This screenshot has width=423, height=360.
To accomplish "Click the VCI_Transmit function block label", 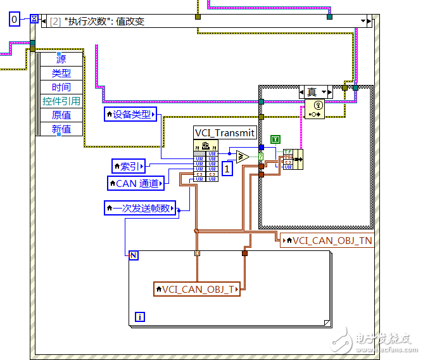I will click(225, 133).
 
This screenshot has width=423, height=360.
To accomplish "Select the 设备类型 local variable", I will click(131, 114).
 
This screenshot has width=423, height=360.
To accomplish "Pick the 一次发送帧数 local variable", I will click(141, 207).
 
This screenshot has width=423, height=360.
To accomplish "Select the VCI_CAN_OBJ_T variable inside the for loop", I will click(197, 289).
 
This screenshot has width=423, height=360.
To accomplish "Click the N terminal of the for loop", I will click(134, 255).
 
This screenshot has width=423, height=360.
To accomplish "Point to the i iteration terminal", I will click(139, 316).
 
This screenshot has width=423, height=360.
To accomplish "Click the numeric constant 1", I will click(227, 169).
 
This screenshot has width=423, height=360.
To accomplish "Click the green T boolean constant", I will click(275, 139).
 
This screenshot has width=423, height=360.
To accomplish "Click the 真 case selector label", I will click(312, 92).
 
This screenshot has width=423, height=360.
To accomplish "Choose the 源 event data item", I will click(61, 59).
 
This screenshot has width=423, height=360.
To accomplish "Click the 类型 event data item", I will click(61, 73).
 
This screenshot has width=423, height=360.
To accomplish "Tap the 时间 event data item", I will click(61, 87).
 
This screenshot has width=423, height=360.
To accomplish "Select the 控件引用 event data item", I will click(61, 101).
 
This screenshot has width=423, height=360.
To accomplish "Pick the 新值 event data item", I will click(61, 129).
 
